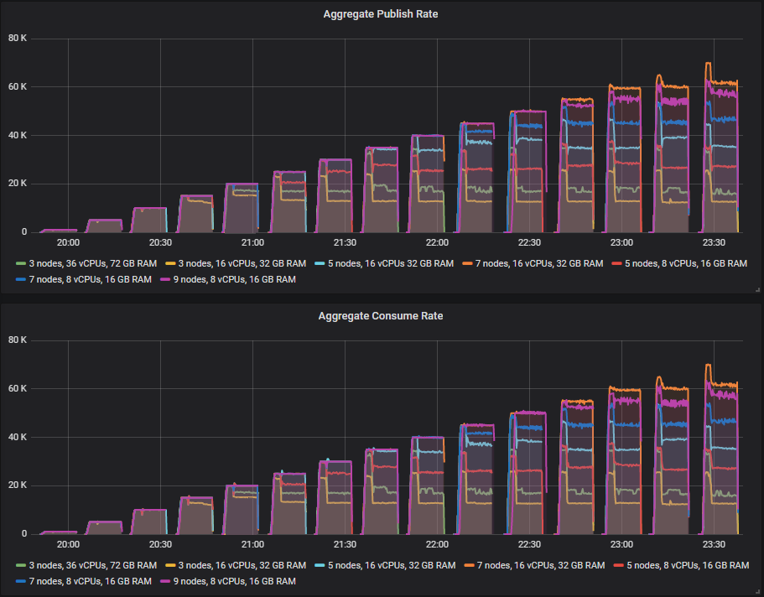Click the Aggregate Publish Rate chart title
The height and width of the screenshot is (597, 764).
(x=381, y=14)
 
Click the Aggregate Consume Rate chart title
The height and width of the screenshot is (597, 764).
(x=381, y=316)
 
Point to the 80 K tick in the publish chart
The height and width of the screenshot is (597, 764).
(x=18, y=38)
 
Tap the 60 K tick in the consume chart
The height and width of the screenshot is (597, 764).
(x=18, y=388)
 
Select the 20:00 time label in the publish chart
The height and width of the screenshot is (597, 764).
(x=68, y=242)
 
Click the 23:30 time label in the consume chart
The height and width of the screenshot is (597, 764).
(x=714, y=544)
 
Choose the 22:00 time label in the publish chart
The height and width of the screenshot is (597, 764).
(x=437, y=242)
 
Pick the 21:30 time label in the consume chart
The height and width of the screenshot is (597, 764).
(x=345, y=544)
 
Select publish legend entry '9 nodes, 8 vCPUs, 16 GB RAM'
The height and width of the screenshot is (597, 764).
(x=230, y=279)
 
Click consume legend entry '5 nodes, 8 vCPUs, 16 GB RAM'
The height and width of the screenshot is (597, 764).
(x=680, y=565)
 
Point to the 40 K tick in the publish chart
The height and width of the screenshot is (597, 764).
(x=18, y=135)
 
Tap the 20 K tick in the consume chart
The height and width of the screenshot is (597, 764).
(x=18, y=485)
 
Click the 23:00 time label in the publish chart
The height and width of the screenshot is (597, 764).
(x=621, y=242)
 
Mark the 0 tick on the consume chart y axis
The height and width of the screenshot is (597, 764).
(x=24, y=533)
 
